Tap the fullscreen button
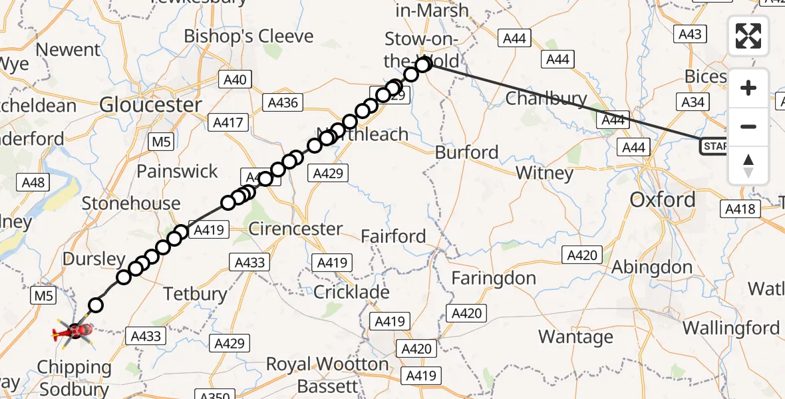[748, 36]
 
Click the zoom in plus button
[748, 88]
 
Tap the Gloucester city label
[150, 104]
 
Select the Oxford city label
[662, 199]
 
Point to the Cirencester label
[295, 229]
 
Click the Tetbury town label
[195, 293]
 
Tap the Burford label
[466, 152]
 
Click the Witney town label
[544, 174]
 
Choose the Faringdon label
[494, 278]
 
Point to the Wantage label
[575, 337]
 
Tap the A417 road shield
[228, 122]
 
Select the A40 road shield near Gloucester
[235, 80]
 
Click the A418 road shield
[739, 209]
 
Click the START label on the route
[714, 146]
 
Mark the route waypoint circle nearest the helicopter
[96, 305]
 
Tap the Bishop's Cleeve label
[248, 36]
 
